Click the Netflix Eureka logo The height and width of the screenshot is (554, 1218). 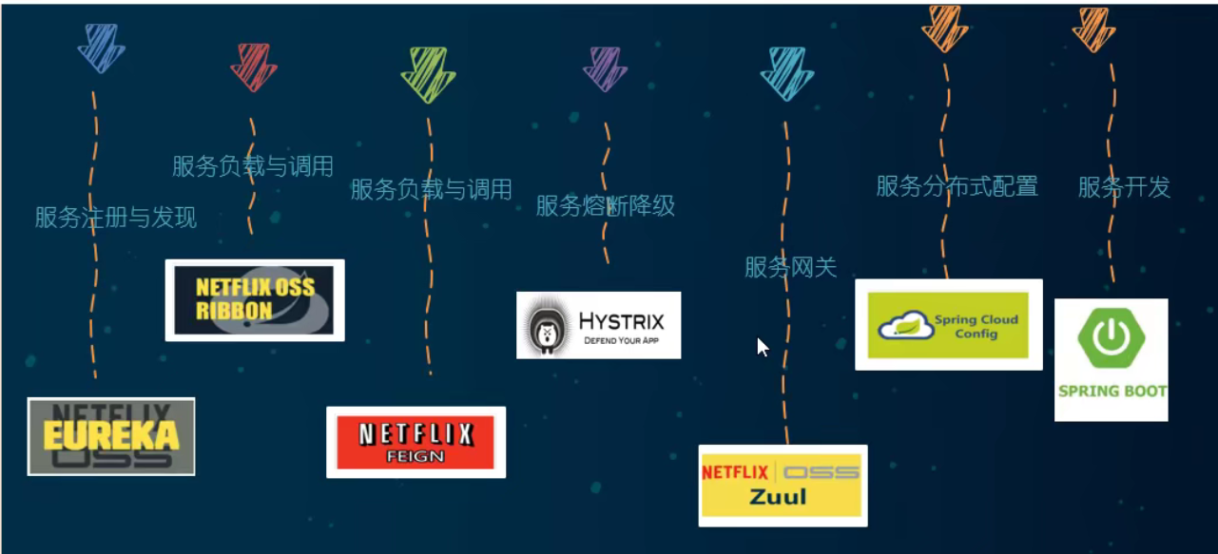click(x=111, y=436)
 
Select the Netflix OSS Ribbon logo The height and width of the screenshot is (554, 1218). click(x=254, y=300)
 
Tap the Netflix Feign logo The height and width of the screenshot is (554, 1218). click(x=416, y=442)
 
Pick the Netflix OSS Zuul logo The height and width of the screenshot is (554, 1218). click(x=782, y=485)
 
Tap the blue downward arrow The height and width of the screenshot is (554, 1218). click(x=101, y=48)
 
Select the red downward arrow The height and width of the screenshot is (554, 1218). click(x=253, y=67)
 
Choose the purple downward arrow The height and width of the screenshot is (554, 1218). click(x=606, y=68)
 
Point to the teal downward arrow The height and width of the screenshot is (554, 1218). click(x=786, y=73)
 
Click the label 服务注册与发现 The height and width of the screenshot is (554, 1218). click(x=116, y=218)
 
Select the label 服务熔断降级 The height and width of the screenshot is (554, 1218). click(x=605, y=205)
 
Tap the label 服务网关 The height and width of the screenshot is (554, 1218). click(x=790, y=268)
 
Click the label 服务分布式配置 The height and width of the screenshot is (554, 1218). click(x=957, y=186)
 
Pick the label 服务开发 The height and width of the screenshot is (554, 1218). click(x=1124, y=187)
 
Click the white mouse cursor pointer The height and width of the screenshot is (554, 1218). click(x=763, y=347)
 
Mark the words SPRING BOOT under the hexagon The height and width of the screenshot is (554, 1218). click(x=1112, y=391)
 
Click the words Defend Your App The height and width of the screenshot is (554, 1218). click(x=621, y=339)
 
